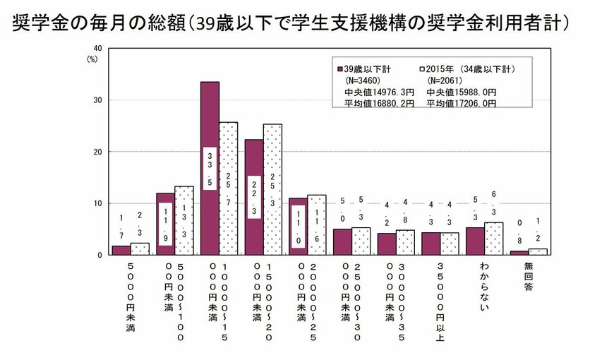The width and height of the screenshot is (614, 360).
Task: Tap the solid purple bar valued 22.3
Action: pos(254,197)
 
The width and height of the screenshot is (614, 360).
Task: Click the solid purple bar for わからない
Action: pos(475,241)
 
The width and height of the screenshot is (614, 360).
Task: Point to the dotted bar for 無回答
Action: pos(538,251)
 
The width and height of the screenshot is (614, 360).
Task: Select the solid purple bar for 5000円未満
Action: pos(121,250)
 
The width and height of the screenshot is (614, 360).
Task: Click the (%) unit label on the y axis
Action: pos(92,59)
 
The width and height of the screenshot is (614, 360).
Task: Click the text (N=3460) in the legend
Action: pos(364,80)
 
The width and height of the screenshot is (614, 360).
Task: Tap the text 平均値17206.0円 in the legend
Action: pos(462,103)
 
